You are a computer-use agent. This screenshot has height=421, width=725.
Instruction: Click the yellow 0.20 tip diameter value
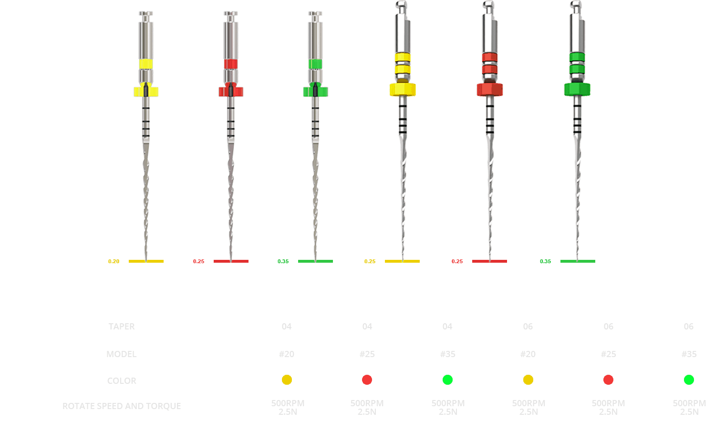[114, 261]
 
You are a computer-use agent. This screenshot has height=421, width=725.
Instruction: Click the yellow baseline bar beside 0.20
[146, 261]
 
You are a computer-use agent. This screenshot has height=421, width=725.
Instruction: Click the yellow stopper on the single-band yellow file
[146, 92]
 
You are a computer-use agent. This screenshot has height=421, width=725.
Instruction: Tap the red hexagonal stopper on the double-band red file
[489, 90]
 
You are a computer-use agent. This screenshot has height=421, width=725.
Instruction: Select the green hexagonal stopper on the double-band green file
[577, 89]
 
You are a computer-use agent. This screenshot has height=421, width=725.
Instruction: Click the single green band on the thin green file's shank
[315, 64]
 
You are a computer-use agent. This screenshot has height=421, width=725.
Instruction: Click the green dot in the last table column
[689, 380]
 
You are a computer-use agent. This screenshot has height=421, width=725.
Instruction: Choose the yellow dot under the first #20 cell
[287, 380]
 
